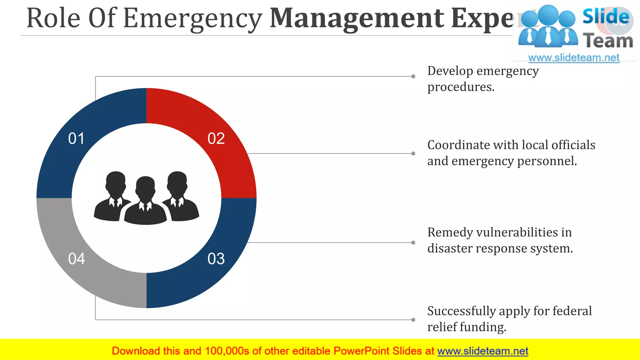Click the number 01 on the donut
click(76, 138)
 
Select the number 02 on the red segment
click(216, 138)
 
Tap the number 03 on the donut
click(216, 259)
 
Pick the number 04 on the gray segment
click(77, 259)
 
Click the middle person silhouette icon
click(145, 202)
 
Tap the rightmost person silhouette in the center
click(180, 197)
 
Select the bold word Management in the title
click(356, 18)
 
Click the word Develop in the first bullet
click(450, 71)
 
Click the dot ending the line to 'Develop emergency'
click(413, 76)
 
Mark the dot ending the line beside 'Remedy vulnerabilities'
click(413, 242)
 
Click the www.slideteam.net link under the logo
click(573, 58)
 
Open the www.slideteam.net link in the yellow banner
click(482, 351)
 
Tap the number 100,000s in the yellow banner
click(227, 351)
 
